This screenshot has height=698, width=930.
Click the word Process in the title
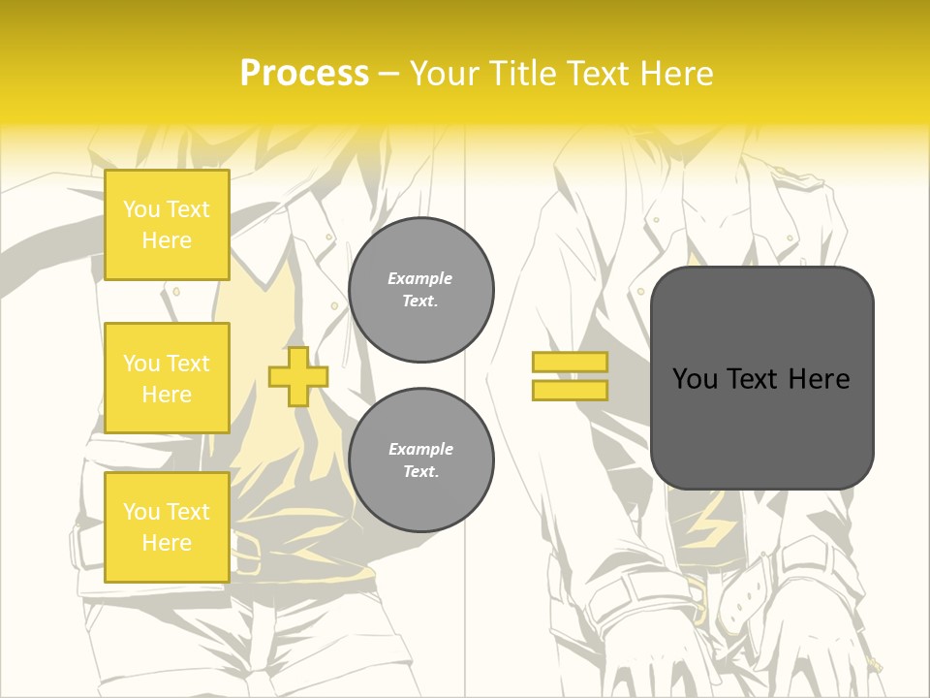tap(304, 74)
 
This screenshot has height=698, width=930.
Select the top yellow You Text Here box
tap(167, 225)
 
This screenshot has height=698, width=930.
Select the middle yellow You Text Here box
tap(167, 378)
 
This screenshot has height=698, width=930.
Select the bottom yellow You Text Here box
tap(167, 526)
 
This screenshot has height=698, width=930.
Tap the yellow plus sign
tap(298, 376)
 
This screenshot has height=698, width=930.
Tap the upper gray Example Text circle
tap(421, 290)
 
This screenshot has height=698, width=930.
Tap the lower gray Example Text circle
tap(421, 460)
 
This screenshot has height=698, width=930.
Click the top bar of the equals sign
tap(570, 363)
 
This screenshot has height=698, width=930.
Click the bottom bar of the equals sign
tap(570, 391)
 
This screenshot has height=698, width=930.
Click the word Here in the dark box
tap(819, 379)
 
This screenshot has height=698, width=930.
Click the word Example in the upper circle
tap(420, 278)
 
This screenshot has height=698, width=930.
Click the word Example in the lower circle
tap(420, 449)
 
